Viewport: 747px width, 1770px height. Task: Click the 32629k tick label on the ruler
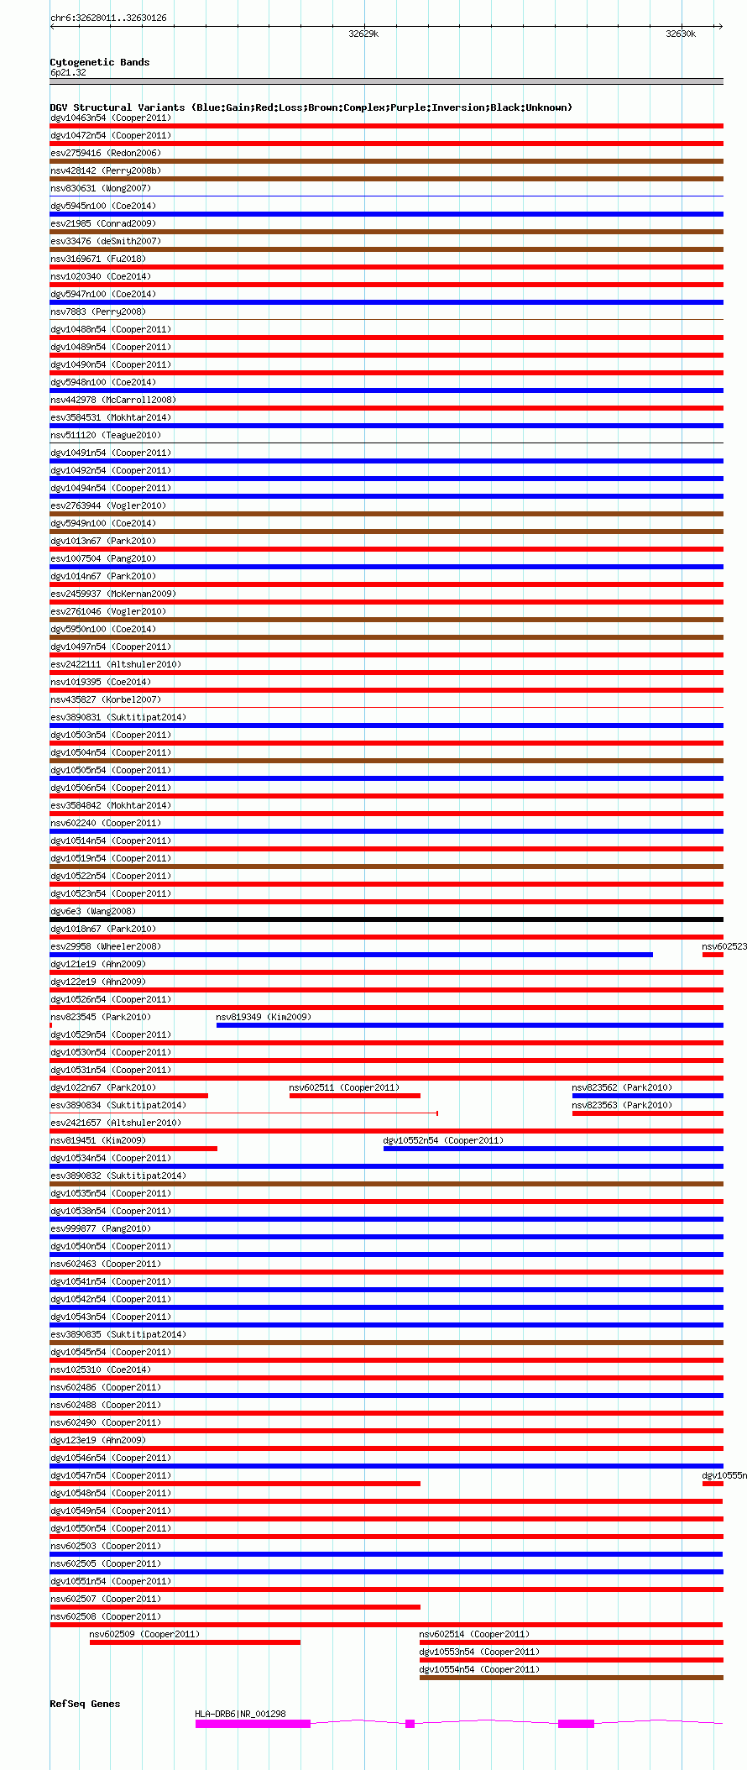coord(363,34)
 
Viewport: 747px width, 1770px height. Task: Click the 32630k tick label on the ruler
coord(680,34)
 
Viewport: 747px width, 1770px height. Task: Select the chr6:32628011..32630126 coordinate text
coord(108,18)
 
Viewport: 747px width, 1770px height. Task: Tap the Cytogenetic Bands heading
coord(99,62)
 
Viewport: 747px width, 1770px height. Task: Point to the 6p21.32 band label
coord(68,72)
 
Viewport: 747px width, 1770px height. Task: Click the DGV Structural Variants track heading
coord(311,107)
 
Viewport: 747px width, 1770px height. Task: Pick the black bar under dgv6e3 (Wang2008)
coord(386,919)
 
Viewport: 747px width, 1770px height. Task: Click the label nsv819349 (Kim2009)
coord(264,1017)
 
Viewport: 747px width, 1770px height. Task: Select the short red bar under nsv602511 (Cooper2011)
coord(354,1096)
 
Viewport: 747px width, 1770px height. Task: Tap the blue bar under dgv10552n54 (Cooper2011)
coord(552,1149)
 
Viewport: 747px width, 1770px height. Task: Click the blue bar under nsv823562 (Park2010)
coord(647,1096)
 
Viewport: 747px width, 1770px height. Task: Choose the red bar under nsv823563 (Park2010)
coord(647,1113)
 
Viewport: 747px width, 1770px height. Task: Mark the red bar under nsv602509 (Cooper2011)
coord(195,1642)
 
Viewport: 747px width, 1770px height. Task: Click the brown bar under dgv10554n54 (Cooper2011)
coord(571,1678)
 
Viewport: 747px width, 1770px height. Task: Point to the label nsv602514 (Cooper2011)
coord(474,1634)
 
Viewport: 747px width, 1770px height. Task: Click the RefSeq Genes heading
coord(85,1704)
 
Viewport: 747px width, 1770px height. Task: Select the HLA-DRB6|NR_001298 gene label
coord(240,1714)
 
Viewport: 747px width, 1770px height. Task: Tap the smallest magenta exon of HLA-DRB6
coord(410,1724)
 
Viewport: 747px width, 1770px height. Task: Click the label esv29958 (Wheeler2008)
coord(105,946)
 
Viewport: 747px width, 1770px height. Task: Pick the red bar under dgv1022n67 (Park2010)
coord(128,1096)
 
